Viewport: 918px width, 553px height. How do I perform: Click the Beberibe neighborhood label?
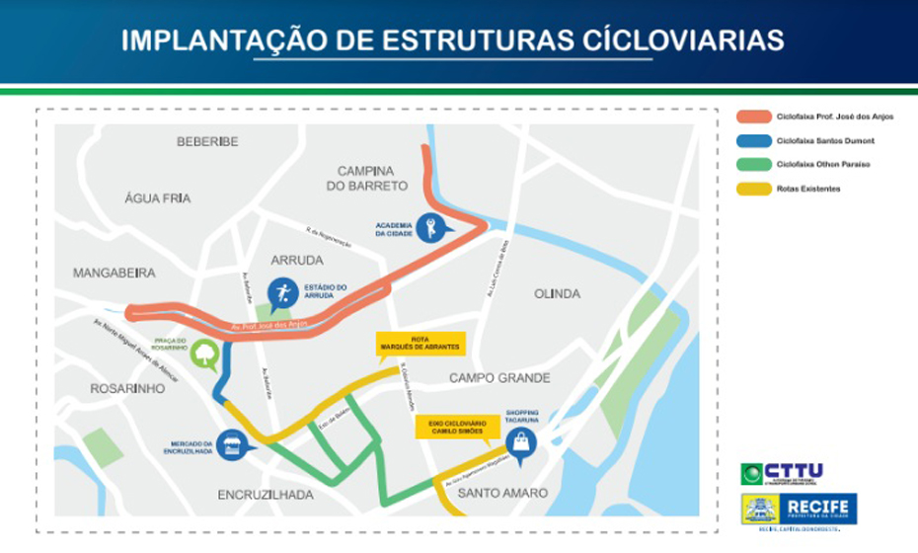pos(207,142)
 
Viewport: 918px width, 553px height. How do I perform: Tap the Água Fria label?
pos(157,198)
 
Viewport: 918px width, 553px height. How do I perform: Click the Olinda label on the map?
pos(558,294)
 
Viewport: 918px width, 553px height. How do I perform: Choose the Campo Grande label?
pos(498,378)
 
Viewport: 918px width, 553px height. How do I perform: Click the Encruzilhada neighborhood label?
pos(267,494)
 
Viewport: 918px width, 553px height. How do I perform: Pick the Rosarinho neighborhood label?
pos(126,388)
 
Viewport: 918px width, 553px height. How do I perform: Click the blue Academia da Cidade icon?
pos(430,228)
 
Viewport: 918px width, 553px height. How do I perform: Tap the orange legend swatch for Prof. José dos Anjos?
pos(752,116)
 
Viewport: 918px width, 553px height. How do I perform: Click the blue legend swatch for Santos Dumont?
pos(752,140)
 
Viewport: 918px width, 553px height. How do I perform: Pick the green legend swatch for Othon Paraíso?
pos(752,164)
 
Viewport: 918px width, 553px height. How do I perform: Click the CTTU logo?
pos(783,473)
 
